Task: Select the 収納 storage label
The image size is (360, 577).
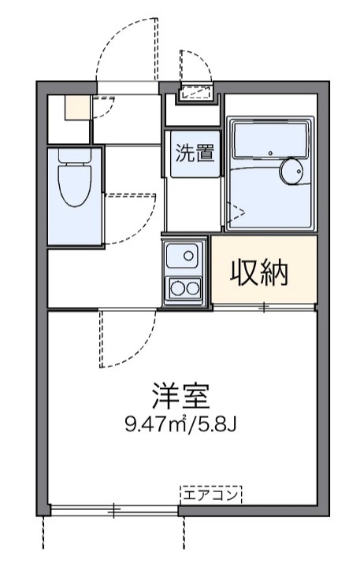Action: click(x=259, y=272)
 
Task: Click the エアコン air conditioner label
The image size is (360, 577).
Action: click(x=211, y=495)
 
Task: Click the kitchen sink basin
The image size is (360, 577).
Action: click(x=185, y=255)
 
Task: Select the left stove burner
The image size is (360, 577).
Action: click(x=176, y=288)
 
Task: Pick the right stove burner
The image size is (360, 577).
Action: click(x=192, y=288)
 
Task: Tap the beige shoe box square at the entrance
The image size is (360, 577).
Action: click(x=77, y=107)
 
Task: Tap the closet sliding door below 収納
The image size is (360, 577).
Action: click(x=264, y=306)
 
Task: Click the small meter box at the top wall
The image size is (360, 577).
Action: click(x=195, y=93)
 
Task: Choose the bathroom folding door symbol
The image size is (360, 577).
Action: click(x=237, y=209)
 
